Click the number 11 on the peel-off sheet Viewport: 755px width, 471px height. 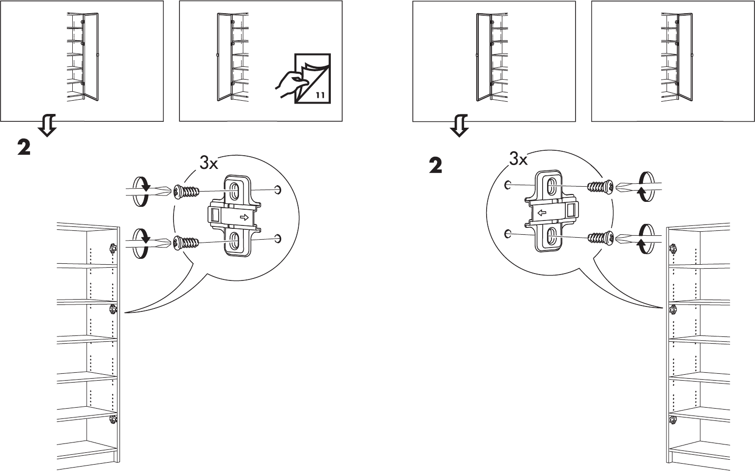[x=319, y=95]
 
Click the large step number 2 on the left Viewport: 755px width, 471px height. [x=24, y=147]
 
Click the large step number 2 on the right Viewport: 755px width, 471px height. [x=435, y=166]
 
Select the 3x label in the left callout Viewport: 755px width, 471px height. [x=208, y=163]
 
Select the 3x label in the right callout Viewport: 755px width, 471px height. [x=518, y=159]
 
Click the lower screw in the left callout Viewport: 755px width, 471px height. [x=185, y=242]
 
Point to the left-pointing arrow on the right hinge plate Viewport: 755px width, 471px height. [x=542, y=213]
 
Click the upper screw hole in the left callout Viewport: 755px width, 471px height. [x=278, y=190]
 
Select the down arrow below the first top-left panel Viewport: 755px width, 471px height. [x=47, y=125]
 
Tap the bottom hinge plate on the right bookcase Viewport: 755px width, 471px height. [x=672, y=419]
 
